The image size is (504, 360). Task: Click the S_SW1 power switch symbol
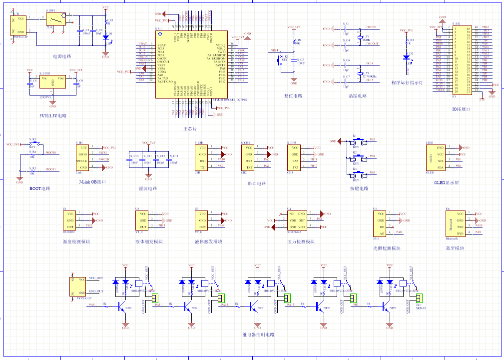tap(55, 19)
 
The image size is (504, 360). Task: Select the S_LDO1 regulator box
tap(53, 82)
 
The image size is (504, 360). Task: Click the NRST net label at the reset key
tap(274, 50)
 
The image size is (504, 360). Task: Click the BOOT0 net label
tap(51, 152)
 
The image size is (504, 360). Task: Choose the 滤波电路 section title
tap(148, 188)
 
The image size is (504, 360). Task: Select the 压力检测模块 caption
tap(301, 241)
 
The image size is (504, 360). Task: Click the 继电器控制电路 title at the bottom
tap(258, 334)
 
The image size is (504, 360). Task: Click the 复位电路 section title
tap(293, 95)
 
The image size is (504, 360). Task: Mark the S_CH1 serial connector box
tap(201, 157)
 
